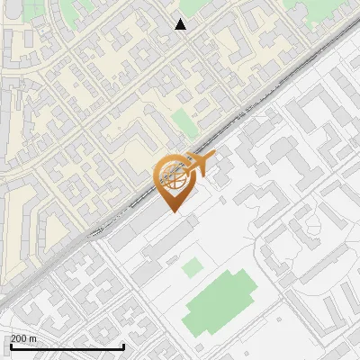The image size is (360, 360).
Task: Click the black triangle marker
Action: click(x=181, y=24)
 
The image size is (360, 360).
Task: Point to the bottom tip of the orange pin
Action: click(x=175, y=211)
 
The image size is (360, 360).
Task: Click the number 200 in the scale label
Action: click(x=18, y=338)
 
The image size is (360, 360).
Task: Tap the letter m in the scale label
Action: click(x=33, y=338)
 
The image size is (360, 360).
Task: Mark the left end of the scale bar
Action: click(x=10, y=346)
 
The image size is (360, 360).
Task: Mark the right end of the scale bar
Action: click(x=123, y=346)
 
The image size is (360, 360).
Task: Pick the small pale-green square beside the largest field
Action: click(x=192, y=266)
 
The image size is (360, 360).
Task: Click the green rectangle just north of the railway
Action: click(x=183, y=121)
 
